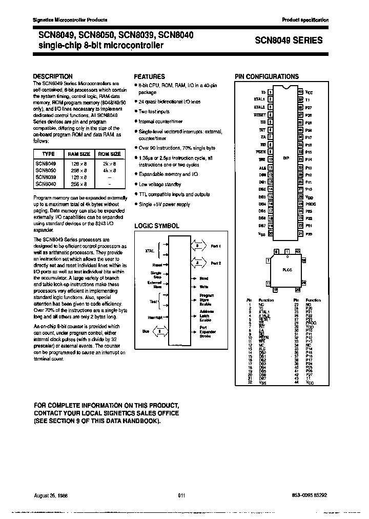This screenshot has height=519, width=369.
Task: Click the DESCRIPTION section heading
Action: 53,76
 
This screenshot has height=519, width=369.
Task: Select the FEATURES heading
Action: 149,76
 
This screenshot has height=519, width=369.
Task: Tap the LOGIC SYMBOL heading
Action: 156,226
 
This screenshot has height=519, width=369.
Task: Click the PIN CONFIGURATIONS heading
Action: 266,76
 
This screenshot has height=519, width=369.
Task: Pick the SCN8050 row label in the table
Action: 45,169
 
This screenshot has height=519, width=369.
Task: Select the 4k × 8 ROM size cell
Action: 109,169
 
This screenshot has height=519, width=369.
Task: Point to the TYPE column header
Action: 48,154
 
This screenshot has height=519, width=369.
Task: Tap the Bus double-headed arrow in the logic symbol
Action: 160,331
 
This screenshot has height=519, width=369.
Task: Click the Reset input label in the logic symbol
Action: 157,264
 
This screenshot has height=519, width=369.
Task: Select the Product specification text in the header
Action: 305,19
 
